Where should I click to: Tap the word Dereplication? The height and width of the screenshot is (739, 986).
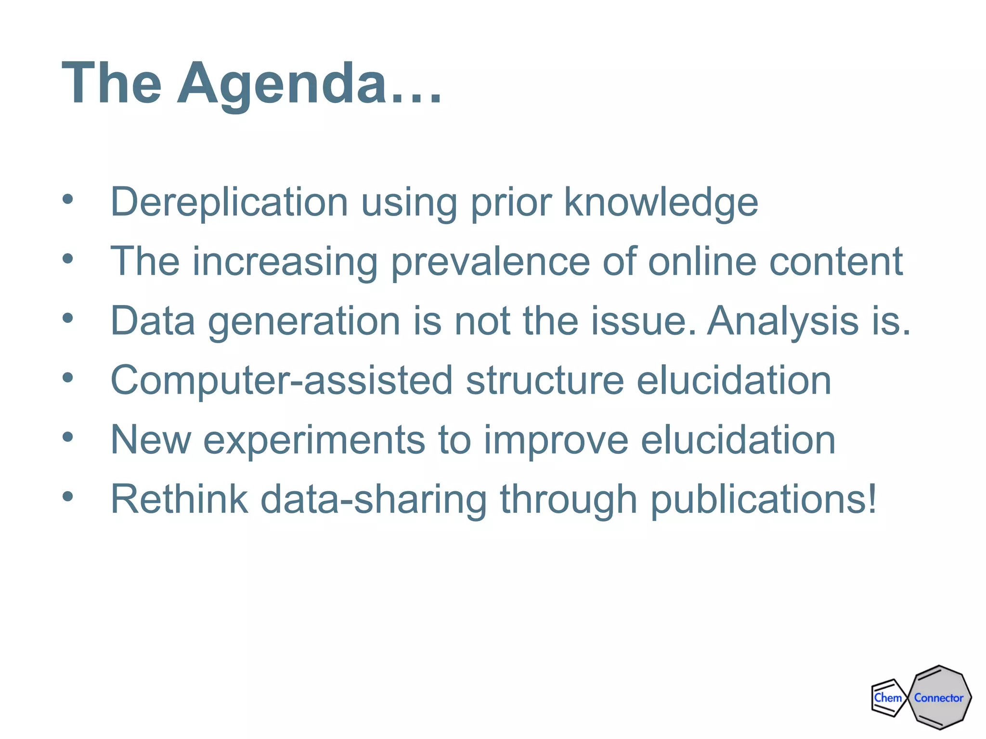pyautogui.click(x=229, y=202)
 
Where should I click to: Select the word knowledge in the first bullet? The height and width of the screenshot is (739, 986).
pyautogui.click(x=661, y=202)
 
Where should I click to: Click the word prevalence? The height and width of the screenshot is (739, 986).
pyautogui.click(x=490, y=262)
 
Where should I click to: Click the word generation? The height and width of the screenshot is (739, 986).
pyautogui.click(x=304, y=321)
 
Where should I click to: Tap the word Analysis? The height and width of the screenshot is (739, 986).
pyautogui.click(x=783, y=321)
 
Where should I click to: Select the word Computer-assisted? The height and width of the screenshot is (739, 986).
pyautogui.click(x=282, y=381)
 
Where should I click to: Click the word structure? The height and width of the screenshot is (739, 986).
pyautogui.click(x=545, y=381)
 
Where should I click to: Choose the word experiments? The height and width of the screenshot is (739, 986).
pyautogui.click(x=314, y=440)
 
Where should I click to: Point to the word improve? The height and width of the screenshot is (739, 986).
pyautogui.click(x=556, y=440)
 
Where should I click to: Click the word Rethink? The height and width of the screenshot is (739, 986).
pyautogui.click(x=179, y=499)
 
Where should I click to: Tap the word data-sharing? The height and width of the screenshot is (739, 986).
pyautogui.click(x=374, y=499)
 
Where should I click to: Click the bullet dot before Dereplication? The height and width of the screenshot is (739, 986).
pyautogui.click(x=68, y=199)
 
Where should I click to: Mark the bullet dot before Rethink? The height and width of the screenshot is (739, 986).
pyautogui.click(x=68, y=497)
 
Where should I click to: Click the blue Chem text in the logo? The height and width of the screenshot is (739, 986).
pyautogui.click(x=888, y=698)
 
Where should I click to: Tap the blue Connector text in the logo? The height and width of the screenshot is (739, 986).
pyautogui.click(x=938, y=698)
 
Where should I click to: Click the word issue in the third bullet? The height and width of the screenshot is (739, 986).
pyautogui.click(x=643, y=321)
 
